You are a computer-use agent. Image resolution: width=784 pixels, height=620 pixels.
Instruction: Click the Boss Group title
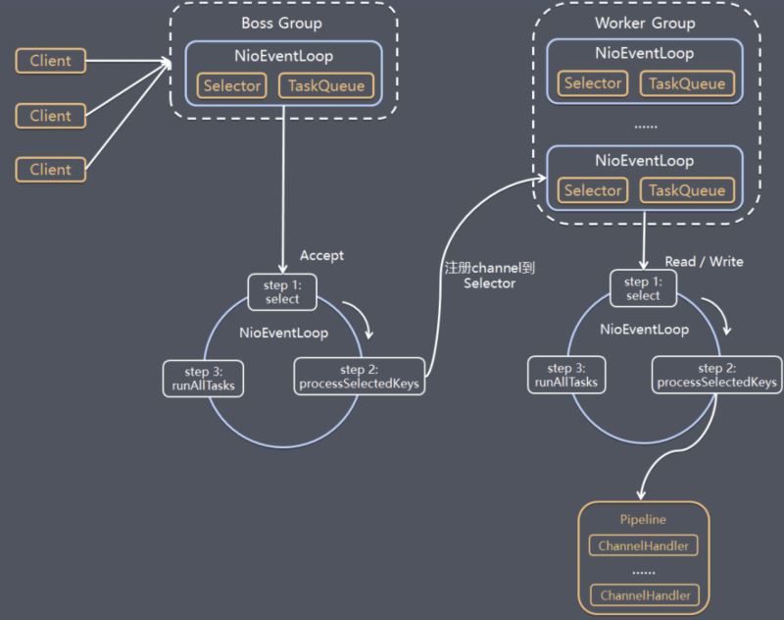281,23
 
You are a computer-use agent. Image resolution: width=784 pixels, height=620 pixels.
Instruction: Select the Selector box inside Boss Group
232,85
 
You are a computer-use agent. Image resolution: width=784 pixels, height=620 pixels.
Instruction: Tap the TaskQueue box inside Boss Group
326,85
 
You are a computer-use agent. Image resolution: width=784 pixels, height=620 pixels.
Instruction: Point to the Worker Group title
645,23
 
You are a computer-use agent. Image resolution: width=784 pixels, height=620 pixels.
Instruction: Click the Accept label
321,255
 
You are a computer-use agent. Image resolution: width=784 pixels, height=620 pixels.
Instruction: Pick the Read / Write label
704,261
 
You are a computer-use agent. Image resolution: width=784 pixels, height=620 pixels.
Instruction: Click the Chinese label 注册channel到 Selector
489,276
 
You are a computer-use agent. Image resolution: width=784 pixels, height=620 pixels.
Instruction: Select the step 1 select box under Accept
282,292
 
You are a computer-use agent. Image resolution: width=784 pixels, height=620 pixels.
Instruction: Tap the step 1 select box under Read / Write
644,288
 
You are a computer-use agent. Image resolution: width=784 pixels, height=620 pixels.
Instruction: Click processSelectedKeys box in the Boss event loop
360,377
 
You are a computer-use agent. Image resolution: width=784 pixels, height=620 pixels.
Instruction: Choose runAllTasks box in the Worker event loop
566,375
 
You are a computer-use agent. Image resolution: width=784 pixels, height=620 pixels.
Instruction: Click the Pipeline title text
643,519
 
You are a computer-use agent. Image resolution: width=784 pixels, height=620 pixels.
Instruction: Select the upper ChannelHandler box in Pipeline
644,545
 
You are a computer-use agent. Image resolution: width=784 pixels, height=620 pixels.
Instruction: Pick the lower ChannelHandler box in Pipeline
645,594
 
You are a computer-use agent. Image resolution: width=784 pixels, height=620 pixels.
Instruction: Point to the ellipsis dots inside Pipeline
644,573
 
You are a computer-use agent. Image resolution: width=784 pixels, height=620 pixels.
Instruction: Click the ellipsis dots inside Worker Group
646,127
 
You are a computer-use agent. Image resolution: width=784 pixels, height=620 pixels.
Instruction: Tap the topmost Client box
51,61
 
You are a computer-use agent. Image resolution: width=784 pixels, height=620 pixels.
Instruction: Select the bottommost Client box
51,169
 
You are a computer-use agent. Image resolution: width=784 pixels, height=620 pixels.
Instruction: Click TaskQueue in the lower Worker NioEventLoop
687,190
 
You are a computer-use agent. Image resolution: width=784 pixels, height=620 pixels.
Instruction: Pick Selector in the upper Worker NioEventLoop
593,83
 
